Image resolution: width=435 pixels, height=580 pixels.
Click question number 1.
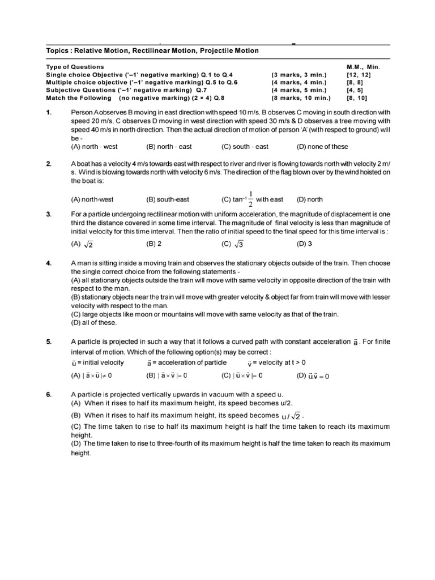click(x=49, y=113)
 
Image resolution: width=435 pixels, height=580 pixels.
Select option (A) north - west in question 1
click(x=94, y=147)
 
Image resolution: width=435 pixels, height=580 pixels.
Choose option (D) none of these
click(x=322, y=147)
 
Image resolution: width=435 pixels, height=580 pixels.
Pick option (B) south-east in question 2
click(x=168, y=199)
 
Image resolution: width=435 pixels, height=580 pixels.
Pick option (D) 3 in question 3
click(x=305, y=244)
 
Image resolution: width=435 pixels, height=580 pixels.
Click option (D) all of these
click(x=93, y=323)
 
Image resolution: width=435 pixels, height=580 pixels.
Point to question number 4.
click(x=49, y=263)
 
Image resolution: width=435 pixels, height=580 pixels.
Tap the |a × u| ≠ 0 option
click(x=92, y=376)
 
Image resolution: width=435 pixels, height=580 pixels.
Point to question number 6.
click(x=49, y=394)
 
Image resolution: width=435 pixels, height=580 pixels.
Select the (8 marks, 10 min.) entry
click(x=301, y=97)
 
